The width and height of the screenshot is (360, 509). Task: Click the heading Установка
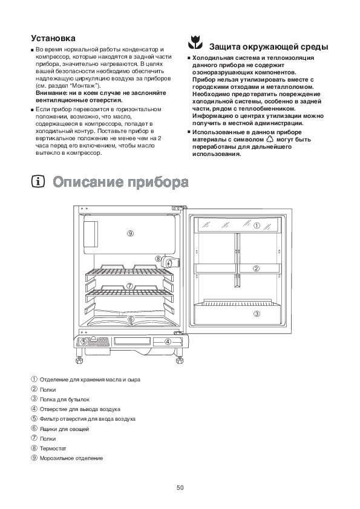click(53, 38)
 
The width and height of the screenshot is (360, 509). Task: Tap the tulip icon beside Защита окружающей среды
click(195, 42)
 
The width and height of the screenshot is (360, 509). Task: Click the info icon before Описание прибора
click(38, 182)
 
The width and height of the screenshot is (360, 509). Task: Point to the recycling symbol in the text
click(270, 140)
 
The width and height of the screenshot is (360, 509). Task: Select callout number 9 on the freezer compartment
click(130, 233)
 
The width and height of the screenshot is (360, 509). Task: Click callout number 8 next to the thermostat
click(159, 259)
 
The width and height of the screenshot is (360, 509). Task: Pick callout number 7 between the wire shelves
click(129, 286)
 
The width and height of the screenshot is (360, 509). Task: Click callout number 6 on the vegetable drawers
click(131, 319)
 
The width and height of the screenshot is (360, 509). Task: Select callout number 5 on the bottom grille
click(84, 342)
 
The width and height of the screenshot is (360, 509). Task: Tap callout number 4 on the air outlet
click(168, 342)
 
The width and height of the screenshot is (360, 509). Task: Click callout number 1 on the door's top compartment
click(257, 225)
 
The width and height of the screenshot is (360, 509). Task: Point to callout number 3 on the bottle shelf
click(257, 314)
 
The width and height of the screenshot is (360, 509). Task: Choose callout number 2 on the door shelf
click(257, 268)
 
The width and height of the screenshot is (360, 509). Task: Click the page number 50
click(180, 488)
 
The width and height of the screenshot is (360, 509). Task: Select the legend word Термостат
click(53, 449)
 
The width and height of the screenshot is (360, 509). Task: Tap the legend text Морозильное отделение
click(71, 458)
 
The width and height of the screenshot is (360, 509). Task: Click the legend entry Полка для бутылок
click(64, 400)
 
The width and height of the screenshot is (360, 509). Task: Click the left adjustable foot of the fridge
click(79, 360)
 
